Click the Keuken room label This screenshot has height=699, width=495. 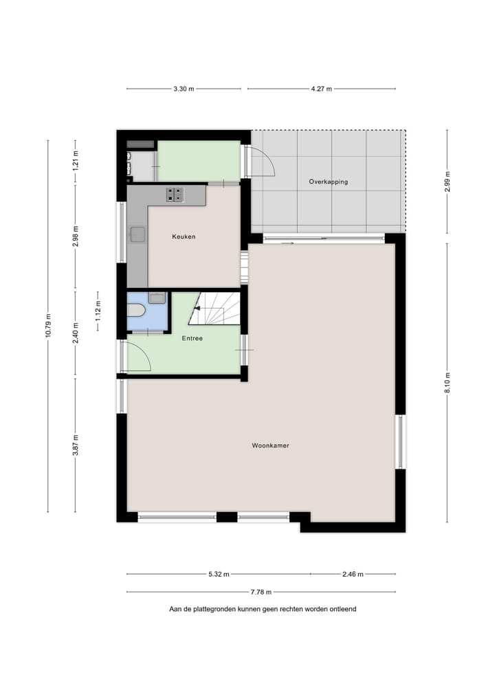[184, 236]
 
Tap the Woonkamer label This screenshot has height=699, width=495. [270, 445]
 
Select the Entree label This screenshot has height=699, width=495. [192, 338]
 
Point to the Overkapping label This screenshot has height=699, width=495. [328, 181]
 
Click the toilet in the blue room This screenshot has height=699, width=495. [136, 311]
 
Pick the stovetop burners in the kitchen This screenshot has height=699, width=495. [175, 195]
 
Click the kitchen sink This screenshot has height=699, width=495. [137, 234]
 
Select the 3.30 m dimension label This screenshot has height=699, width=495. [184, 89]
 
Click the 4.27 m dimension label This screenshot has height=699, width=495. [321, 89]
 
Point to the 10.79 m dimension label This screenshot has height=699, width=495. [47, 326]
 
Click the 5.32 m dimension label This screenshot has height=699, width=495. [219, 574]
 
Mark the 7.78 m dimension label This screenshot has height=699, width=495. [261, 592]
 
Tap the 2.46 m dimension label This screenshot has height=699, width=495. [353, 574]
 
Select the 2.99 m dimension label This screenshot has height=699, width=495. [447, 181]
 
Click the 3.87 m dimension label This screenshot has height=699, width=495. [76, 445]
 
